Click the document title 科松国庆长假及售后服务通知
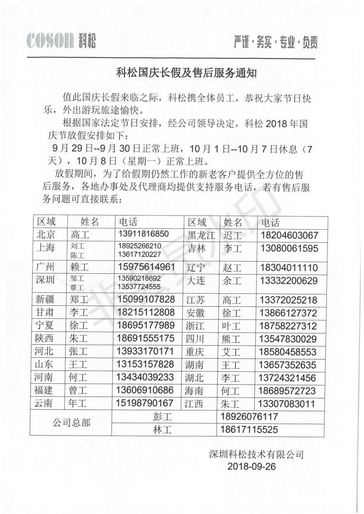click(x=182, y=72)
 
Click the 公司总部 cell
click(x=71, y=423)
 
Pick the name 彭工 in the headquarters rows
click(x=163, y=417)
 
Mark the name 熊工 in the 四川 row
click(x=232, y=339)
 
